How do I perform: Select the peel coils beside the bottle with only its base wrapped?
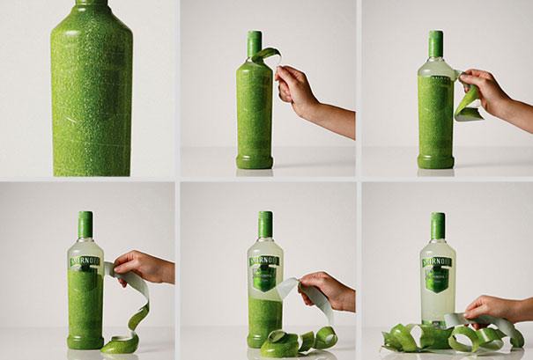[x=295, y=340]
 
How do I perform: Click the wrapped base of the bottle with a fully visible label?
[x=264, y=326]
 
